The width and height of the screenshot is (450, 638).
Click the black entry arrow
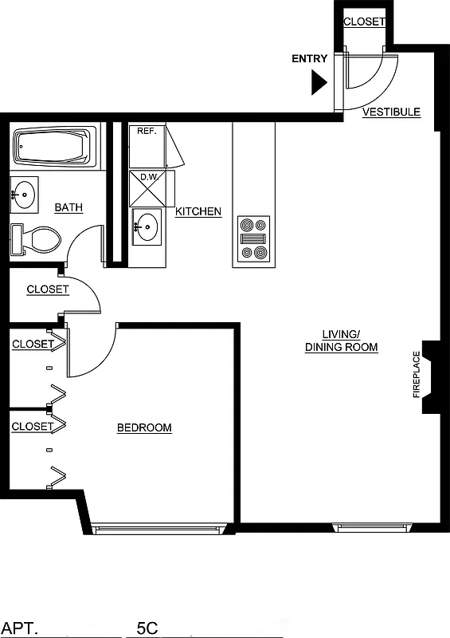pyautogui.click(x=320, y=81)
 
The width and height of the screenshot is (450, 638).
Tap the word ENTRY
pyautogui.click(x=310, y=59)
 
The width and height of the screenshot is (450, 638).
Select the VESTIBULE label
pyautogui.click(x=391, y=112)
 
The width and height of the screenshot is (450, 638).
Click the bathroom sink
pyautogui.click(x=24, y=193)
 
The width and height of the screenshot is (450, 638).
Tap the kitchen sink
pyautogui.click(x=146, y=226)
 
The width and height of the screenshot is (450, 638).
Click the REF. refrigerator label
pyautogui.click(x=146, y=131)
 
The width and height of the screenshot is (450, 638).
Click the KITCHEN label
pyautogui.click(x=198, y=212)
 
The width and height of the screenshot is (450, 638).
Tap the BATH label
pyautogui.click(x=68, y=208)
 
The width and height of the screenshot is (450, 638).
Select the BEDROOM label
pyautogui.click(x=144, y=428)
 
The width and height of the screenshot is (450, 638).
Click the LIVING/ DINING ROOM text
pyautogui.click(x=341, y=341)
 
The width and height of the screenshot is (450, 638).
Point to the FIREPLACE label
pyautogui.click(x=416, y=375)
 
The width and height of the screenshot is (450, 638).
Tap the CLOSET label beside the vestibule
pyautogui.click(x=364, y=22)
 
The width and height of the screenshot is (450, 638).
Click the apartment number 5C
pyautogui.click(x=147, y=628)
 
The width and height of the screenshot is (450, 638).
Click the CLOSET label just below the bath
pyautogui.click(x=48, y=289)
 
